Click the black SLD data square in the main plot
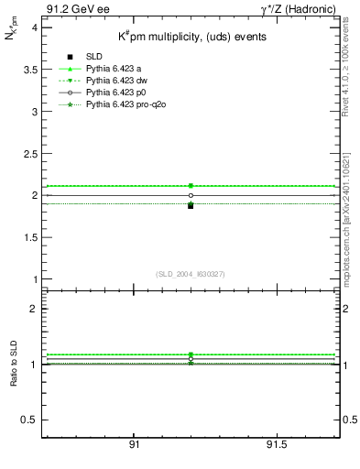coord(191,205)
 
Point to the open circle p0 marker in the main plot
coord(191,195)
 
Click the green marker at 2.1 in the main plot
coord(191,186)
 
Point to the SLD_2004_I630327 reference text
coord(191,274)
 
